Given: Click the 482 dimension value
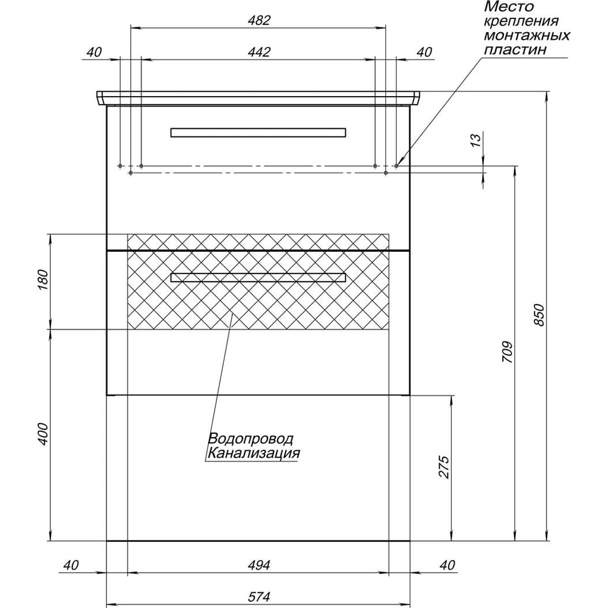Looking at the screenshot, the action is [259, 20].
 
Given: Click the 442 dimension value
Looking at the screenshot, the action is [259, 52].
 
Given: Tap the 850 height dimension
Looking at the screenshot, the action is [540, 315].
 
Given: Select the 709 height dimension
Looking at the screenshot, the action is [508, 352].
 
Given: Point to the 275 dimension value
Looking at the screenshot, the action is [444, 467].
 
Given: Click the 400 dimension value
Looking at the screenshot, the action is [43, 434].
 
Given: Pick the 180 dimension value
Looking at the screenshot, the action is [43, 280].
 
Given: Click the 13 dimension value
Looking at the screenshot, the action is [477, 139].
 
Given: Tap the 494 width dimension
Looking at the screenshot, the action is [259, 565].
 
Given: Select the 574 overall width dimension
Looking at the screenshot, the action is [259, 597].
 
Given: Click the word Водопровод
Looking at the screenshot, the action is [251, 439].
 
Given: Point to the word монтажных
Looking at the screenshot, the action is [527, 35].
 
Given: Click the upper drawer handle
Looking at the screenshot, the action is [258, 132].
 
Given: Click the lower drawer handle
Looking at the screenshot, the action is [258, 277].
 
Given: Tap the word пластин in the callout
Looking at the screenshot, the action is [516, 50].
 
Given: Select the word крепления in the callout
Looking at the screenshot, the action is [522, 21].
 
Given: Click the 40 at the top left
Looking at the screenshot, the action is [94, 52].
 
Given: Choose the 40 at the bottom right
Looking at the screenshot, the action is [447, 565].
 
